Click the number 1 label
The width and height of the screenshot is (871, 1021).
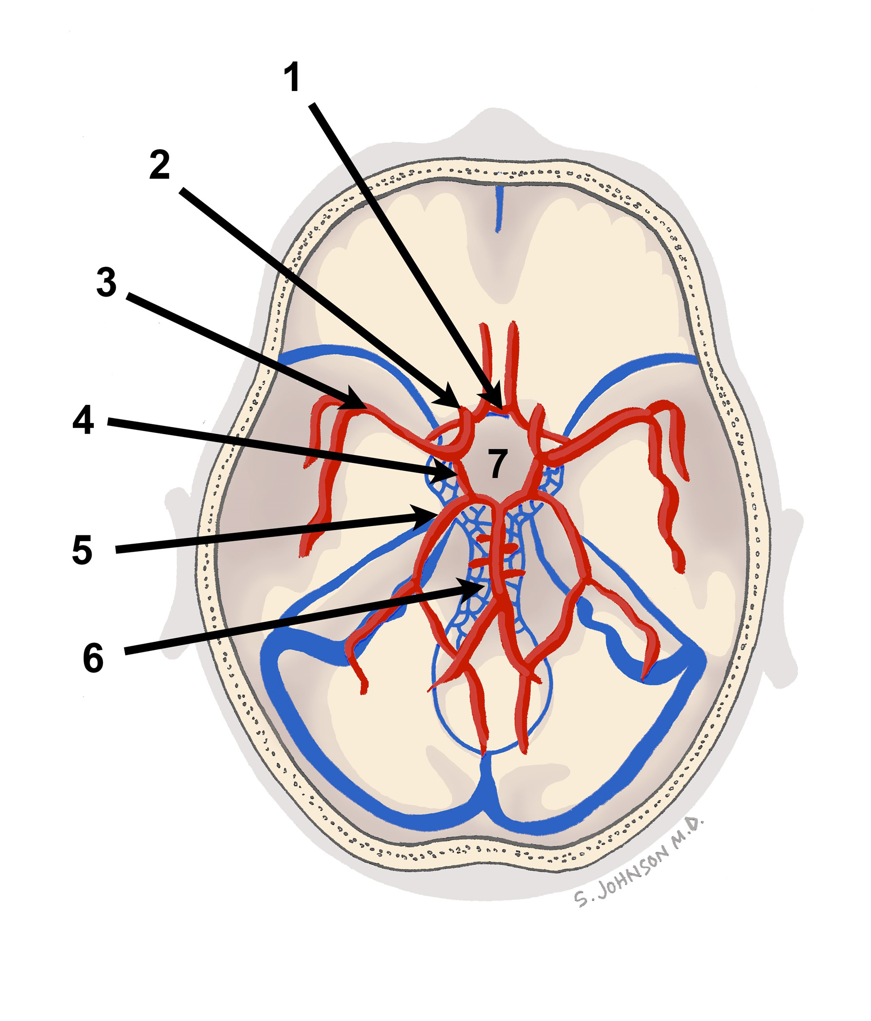tap(292, 77)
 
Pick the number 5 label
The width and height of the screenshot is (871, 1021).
tap(82, 550)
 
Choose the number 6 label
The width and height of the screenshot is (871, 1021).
tap(93, 658)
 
